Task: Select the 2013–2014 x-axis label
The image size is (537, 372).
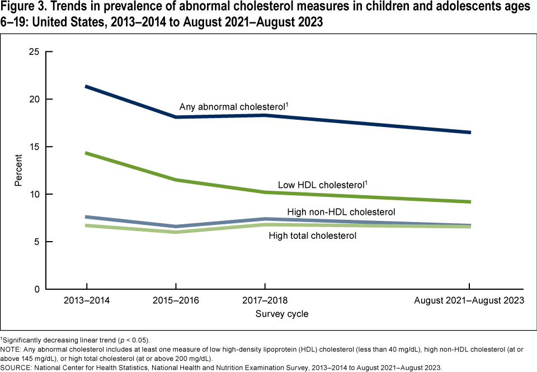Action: click(x=86, y=301)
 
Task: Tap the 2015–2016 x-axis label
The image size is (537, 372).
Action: click(x=176, y=301)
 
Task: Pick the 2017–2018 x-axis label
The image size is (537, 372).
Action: click(x=265, y=301)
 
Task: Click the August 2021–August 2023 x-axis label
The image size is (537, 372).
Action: click(x=469, y=301)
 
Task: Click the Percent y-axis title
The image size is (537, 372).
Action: click(x=18, y=171)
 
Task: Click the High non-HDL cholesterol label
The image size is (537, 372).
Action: click(x=341, y=212)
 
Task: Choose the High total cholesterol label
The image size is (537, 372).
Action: click(x=313, y=236)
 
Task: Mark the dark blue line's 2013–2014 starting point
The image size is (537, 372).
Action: click(x=86, y=87)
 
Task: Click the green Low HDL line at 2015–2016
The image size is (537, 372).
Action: click(x=176, y=180)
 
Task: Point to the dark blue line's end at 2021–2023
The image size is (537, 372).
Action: click(x=469, y=132)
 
